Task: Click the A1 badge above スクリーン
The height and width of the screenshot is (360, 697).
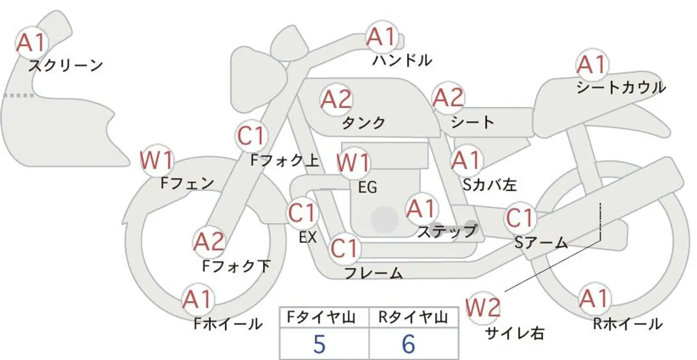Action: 32,42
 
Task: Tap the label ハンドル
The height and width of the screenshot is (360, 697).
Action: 402,60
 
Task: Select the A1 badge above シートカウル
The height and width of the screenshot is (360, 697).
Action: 592,64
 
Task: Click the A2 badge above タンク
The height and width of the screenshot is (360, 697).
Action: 336,99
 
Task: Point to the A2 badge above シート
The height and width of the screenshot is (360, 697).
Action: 448,98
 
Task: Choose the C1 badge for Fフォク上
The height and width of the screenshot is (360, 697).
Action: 252,136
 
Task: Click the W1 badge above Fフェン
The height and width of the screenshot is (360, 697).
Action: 156,160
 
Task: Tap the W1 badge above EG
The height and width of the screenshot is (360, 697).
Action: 353,163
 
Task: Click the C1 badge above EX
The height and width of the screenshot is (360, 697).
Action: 302,213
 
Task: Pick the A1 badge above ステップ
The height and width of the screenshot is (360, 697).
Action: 421,208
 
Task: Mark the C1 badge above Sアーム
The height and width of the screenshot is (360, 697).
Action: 520,218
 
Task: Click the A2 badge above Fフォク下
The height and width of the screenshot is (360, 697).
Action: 209,242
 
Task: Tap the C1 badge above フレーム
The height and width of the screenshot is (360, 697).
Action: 344,249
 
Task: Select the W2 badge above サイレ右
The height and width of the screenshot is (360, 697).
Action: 483,308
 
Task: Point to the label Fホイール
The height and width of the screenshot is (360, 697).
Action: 228,324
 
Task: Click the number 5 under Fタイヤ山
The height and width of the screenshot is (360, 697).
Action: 319,344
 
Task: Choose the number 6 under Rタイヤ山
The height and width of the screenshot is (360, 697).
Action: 408,344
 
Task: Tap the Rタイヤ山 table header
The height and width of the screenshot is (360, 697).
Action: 414,318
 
